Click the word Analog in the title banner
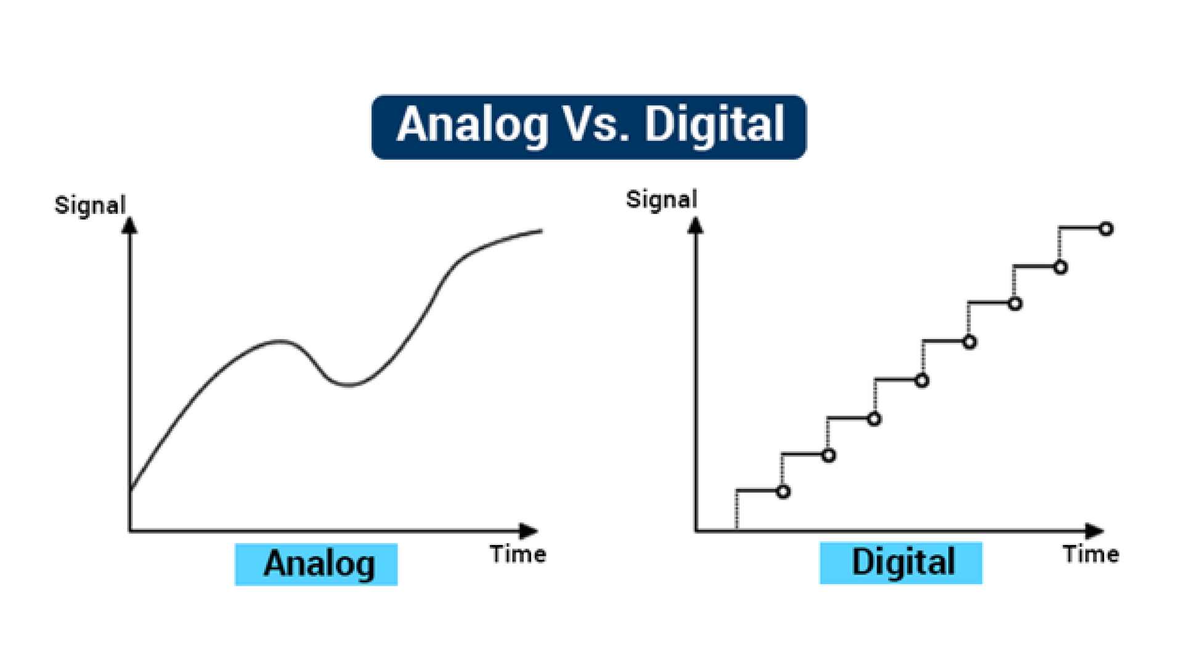pos(473,126)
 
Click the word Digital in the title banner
pos(714,126)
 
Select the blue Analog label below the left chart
pos(316,563)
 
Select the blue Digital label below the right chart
pos(901,562)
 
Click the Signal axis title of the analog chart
pos(90,205)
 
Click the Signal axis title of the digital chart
pos(661,199)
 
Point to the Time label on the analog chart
pos(518,554)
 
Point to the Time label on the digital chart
pos(1091,554)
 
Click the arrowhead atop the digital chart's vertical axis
pos(696,226)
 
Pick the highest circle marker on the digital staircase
pos(1106,229)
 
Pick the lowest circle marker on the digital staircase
pos(783,492)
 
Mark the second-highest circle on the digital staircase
pos(1060,268)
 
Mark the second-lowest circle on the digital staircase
pos(829,456)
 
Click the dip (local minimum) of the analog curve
pos(349,385)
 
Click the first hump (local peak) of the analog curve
pos(279,341)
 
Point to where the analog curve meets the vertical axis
pos(130,490)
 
